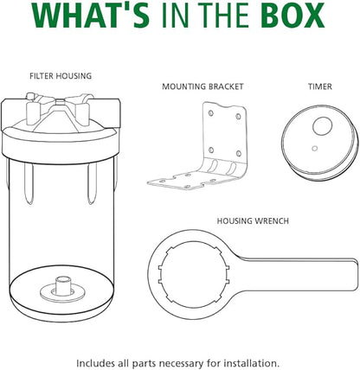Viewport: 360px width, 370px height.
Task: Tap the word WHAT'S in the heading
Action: [90, 15]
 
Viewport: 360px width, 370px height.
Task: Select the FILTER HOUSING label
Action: [61, 76]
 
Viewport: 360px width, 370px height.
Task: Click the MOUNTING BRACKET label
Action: [202, 86]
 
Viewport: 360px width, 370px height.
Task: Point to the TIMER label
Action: [320, 86]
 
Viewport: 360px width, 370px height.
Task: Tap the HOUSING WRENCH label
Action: [253, 221]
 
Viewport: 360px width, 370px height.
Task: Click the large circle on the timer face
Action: [323, 125]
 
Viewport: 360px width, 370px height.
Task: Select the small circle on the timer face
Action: [315, 149]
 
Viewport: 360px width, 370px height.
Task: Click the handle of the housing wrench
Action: [300, 274]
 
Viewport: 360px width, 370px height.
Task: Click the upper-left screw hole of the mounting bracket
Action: [211, 113]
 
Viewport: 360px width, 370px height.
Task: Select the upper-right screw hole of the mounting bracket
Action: [238, 116]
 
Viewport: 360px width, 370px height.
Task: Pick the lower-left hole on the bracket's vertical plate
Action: [211, 150]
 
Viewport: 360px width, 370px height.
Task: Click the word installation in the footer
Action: [252, 363]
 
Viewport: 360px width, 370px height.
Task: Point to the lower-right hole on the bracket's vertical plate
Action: [239, 153]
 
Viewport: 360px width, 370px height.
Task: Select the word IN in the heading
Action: [177, 15]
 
